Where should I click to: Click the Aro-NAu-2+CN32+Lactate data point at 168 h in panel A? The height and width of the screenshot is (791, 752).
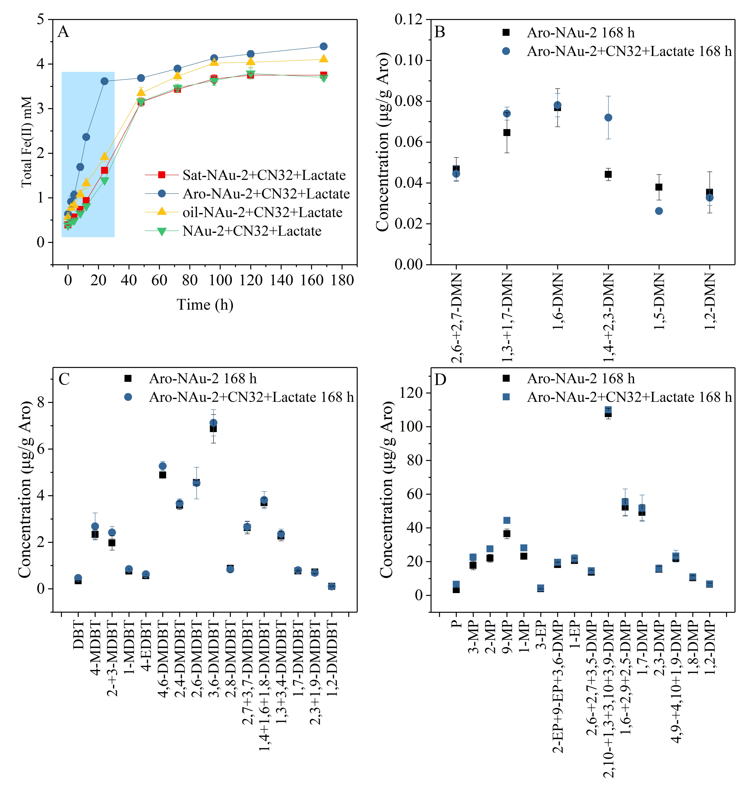tap(323, 46)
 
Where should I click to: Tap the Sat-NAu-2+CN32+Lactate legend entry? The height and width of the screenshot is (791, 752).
tap(264, 175)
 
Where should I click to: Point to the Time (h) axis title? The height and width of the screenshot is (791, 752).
tap(205, 305)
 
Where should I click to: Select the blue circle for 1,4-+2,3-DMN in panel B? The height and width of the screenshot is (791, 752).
tap(608, 117)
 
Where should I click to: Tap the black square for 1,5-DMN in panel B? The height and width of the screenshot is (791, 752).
tap(659, 187)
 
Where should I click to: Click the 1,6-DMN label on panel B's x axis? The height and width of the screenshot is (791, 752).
tap(558, 302)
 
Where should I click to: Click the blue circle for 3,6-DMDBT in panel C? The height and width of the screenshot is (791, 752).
tap(213, 423)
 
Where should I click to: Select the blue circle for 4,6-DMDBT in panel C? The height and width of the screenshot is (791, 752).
tap(162, 466)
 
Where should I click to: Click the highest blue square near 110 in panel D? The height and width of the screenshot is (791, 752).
tap(608, 410)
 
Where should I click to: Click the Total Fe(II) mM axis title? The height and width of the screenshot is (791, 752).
tap(27, 142)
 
